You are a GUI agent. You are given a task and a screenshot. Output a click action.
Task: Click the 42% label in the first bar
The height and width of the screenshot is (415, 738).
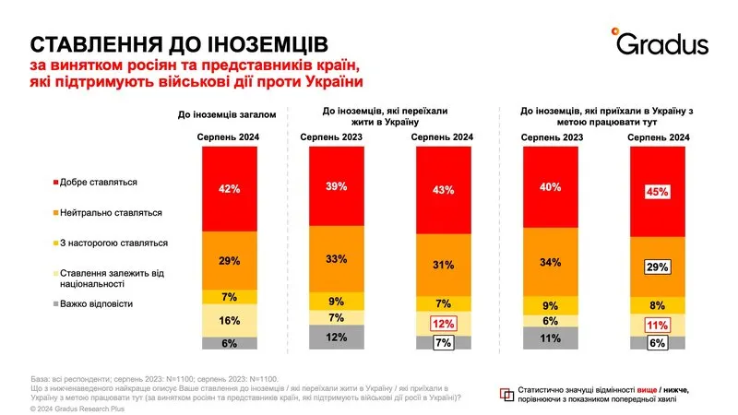(x=230, y=189)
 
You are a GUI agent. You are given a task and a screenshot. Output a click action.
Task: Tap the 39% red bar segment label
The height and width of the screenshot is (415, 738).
(x=337, y=186)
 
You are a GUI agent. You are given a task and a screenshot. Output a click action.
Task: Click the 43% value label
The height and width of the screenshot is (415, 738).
(x=442, y=190)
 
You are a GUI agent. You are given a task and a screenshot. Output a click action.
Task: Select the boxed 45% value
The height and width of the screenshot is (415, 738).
(x=656, y=192)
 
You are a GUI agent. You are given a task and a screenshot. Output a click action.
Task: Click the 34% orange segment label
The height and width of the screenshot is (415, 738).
(x=551, y=261)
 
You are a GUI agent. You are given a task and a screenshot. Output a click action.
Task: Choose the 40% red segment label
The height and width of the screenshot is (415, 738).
(x=551, y=188)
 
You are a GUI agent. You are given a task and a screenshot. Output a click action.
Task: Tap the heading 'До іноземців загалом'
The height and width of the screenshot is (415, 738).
(x=230, y=115)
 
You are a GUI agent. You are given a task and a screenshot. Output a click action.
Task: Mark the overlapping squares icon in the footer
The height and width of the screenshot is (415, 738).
(x=505, y=393)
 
